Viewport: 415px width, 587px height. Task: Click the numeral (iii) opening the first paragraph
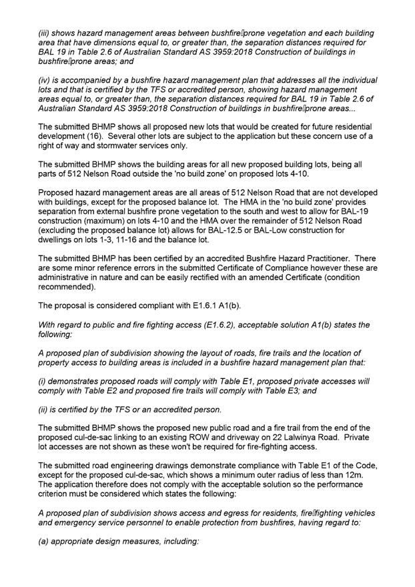click(45, 33)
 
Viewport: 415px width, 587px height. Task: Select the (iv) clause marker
click(45, 79)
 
